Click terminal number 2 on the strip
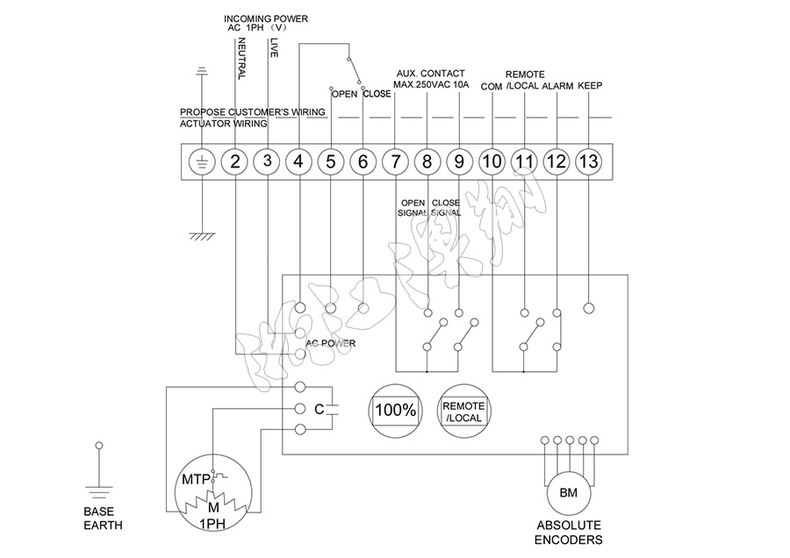(x=234, y=161)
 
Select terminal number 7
(x=395, y=161)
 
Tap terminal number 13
(x=588, y=161)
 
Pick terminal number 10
(x=492, y=161)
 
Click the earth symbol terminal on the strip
(x=203, y=161)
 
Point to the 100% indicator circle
(x=396, y=409)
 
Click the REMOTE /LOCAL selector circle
(x=463, y=409)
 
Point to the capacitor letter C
(x=319, y=409)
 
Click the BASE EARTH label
(x=104, y=519)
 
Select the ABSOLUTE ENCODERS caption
(x=569, y=533)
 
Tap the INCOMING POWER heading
(x=266, y=18)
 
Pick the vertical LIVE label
(x=274, y=47)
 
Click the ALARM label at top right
(x=557, y=86)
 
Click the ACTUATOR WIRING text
(x=223, y=125)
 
